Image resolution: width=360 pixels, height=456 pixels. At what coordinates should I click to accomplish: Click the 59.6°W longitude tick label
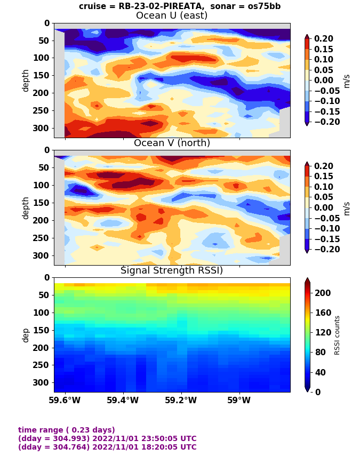(x=65, y=400)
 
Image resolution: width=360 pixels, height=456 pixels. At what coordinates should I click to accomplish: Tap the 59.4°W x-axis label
(x=123, y=400)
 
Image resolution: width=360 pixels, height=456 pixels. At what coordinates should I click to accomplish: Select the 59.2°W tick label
(x=181, y=400)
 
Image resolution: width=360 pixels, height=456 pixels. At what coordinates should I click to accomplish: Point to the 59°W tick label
(x=239, y=400)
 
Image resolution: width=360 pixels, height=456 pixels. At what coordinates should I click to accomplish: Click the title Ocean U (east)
(x=172, y=15)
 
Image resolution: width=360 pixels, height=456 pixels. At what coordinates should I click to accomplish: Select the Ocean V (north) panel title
(x=172, y=143)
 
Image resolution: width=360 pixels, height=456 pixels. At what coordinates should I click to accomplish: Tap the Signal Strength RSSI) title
(x=172, y=270)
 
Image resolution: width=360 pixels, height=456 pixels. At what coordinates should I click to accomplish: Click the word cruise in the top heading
(x=92, y=6)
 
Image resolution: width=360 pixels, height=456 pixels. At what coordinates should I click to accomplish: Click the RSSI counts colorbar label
(x=337, y=335)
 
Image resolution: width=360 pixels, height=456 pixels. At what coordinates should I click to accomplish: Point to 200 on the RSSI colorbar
(x=323, y=293)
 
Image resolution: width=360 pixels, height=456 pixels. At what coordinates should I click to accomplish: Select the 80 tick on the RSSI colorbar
(x=320, y=352)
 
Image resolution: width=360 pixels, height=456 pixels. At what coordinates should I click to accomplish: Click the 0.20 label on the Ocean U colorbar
(x=324, y=38)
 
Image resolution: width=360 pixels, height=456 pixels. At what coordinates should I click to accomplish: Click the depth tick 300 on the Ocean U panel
(x=41, y=128)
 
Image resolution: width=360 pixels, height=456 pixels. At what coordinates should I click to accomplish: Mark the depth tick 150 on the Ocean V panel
(x=41, y=203)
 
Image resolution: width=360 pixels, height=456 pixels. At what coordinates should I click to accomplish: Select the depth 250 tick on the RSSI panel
(x=41, y=365)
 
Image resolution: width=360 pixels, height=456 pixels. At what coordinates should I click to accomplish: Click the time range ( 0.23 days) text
(x=67, y=430)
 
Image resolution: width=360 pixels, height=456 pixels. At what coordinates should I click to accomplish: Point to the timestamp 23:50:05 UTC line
(x=107, y=438)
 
